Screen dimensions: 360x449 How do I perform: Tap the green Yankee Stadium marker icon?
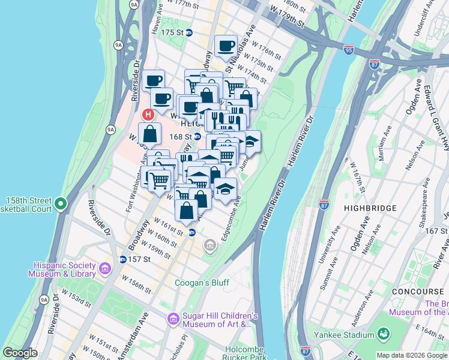pyautogui.click(x=382, y=334)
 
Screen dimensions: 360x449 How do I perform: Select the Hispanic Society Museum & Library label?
pyautogui.click(x=62, y=269)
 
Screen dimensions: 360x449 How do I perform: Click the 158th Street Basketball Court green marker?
pyautogui.click(x=61, y=205)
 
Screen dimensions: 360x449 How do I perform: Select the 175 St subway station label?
pyautogui.click(x=170, y=32)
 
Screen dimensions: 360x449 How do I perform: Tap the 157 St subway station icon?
pyautogui.click(x=122, y=259)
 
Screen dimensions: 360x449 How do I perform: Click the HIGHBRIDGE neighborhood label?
pyautogui.click(x=370, y=208)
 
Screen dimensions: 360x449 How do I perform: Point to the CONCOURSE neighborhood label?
pyautogui.click(x=417, y=291)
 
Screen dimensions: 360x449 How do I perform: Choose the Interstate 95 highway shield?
pyautogui.click(x=349, y=49)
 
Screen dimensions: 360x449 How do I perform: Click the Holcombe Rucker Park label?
pyautogui.click(x=246, y=353)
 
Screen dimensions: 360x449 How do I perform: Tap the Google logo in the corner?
pyautogui.click(x=20, y=353)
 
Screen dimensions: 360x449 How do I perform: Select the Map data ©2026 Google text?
pyautogui.click(x=412, y=355)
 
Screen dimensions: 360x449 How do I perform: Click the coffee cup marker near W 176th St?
pyautogui.click(x=226, y=46)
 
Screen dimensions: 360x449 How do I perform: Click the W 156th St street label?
pyautogui.click(x=136, y=284)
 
